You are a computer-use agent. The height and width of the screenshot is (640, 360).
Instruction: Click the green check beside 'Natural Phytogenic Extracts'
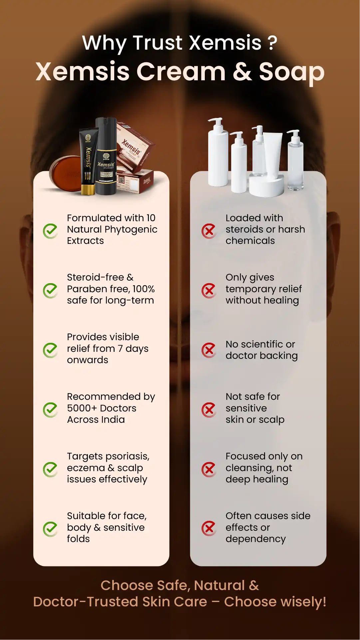coord(51,231)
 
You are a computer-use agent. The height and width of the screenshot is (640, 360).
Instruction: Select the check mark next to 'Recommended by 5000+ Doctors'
coord(51,410)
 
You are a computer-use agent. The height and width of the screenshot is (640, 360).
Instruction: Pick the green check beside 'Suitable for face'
coord(51,529)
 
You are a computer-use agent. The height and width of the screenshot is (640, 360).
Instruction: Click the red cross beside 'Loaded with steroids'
coord(209,231)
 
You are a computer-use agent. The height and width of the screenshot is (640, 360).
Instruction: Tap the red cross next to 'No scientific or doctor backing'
coord(209,350)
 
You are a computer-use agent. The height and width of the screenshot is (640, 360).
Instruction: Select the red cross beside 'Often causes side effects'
coord(209,528)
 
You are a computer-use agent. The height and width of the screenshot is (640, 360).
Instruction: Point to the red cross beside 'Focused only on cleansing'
coord(209,469)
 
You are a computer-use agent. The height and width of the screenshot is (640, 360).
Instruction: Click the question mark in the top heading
coord(272,43)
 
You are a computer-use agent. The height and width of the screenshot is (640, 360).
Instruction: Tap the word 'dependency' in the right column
coord(255,539)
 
